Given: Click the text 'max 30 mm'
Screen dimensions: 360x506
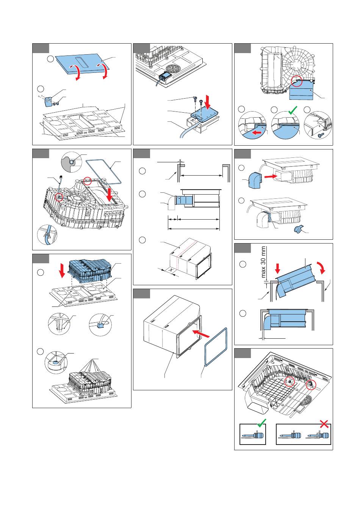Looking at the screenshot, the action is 263,262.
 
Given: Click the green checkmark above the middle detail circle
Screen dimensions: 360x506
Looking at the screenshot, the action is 293,110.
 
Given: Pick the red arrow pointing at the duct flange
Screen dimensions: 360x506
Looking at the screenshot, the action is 201,334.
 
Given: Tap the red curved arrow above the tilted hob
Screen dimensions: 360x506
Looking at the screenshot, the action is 322,268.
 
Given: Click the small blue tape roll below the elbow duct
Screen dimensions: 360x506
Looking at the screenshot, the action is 297,230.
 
